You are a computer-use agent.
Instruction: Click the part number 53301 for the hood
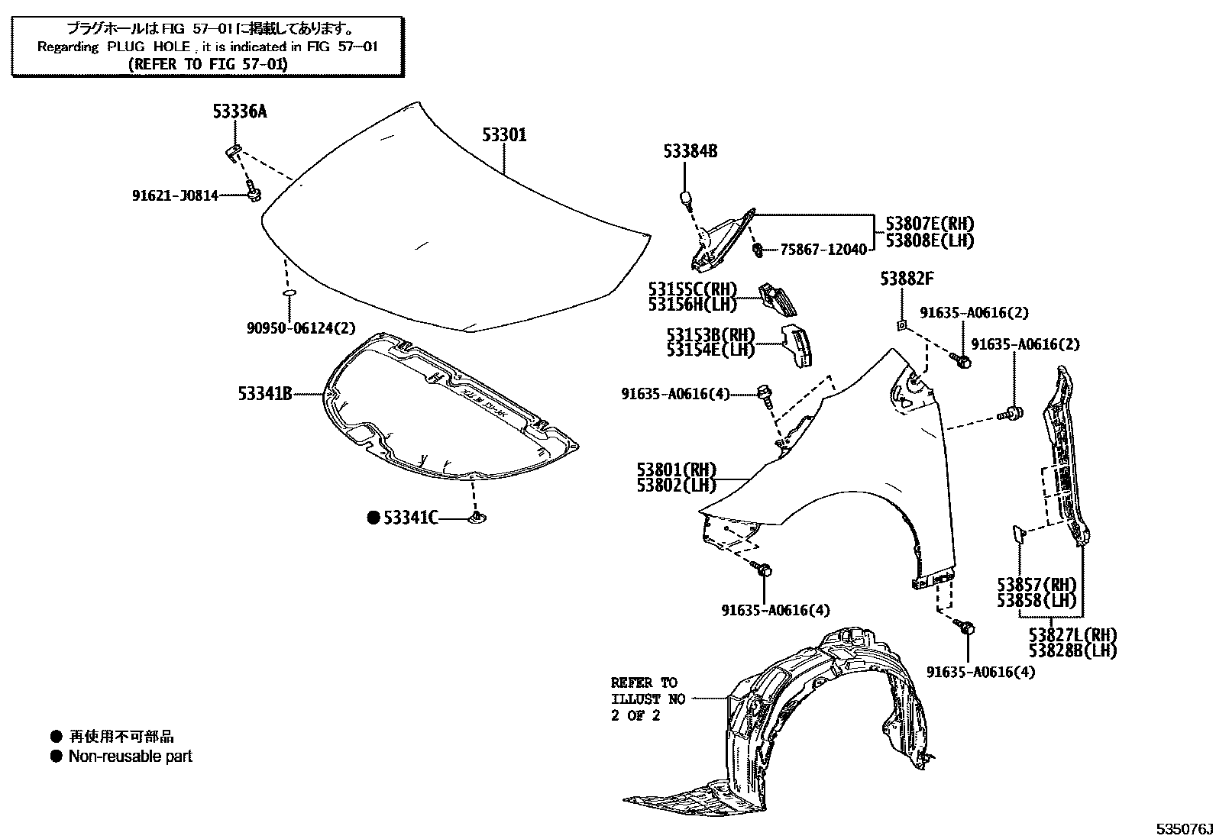(x=504, y=135)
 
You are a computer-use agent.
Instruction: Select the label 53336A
(x=240, y=112)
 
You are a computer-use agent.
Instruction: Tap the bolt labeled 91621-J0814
(x=253, y=195)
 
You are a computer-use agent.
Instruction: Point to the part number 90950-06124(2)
(x=301, y=328)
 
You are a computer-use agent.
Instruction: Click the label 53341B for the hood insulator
(x=265, y=394)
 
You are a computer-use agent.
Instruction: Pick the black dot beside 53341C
(x=374, y=518)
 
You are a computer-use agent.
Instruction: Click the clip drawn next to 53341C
(x=478, y=519)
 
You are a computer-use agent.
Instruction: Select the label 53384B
(x=690, y=152)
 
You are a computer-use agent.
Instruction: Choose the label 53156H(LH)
(x=693, y=305)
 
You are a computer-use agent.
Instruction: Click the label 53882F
(x=907, y=279)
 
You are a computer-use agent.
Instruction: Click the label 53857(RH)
(x=1036, y=585)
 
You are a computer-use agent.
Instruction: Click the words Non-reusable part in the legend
(x=131, y=757)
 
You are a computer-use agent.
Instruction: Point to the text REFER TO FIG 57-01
(x=208, y=64)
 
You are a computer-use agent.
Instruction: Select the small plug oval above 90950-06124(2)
(x=289, y=292)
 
